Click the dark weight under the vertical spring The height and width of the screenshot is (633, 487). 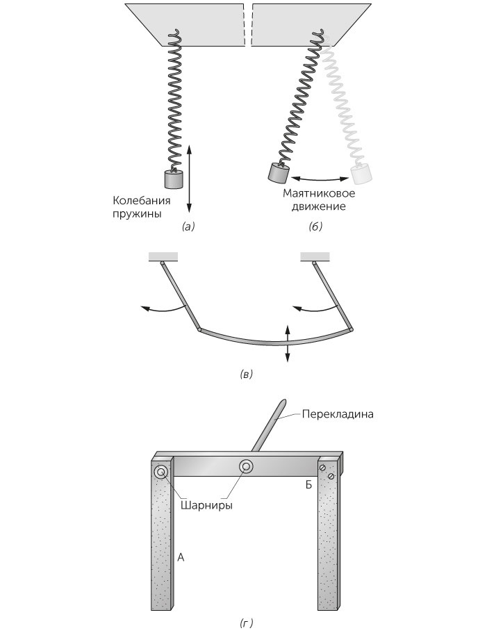(172, 180)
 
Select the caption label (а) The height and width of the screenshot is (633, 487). (188, 227)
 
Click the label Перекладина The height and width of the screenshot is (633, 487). (338, 414)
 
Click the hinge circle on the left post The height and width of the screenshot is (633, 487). (161, 472)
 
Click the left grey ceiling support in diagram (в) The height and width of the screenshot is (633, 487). (163, 257)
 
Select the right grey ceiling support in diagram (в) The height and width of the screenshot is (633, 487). (315, 257)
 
